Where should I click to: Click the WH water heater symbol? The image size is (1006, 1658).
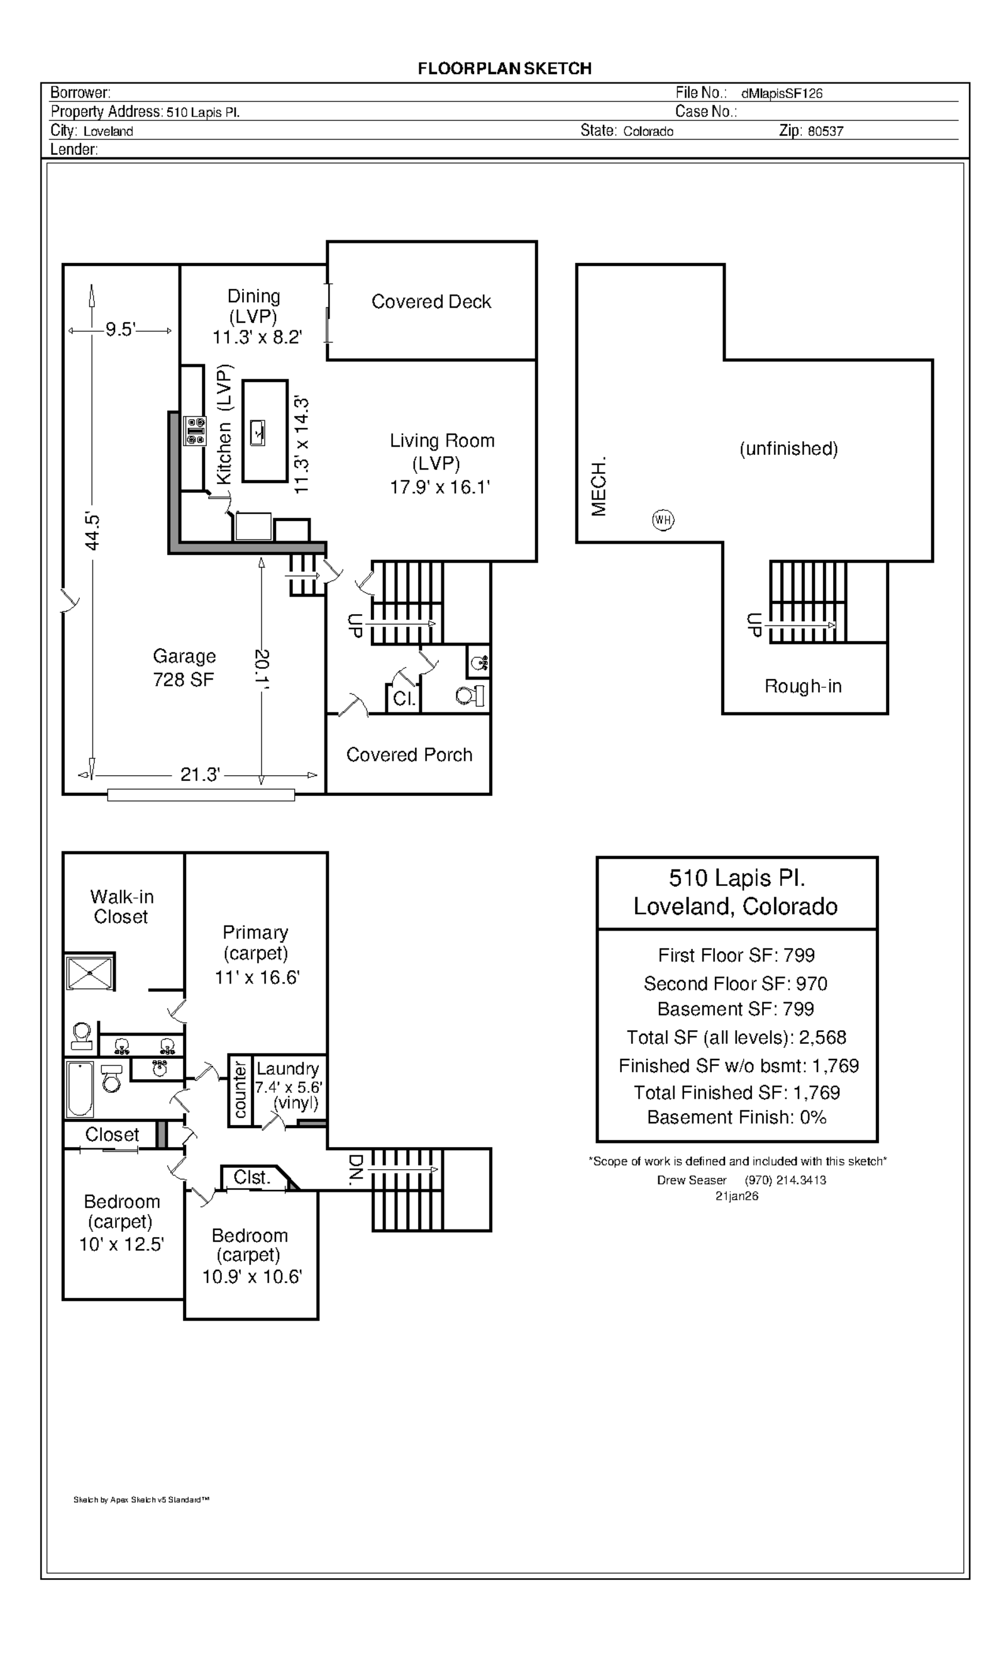click(x=663, y=520)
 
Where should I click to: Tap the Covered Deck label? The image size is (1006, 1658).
click(x=431, y=301)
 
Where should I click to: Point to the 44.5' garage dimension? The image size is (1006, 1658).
click(x=92, y=532)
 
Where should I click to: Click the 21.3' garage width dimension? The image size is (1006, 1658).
click(x=200, y=775)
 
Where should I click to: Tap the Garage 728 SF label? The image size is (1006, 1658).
click(x=184, y=668)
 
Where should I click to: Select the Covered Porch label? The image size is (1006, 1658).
click(x=409, y=754)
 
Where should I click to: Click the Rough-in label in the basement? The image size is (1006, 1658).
click(x=803, y=686)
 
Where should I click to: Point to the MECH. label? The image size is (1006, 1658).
click(x=599, y=486)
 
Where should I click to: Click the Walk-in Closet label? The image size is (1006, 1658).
click(x=122, y=906)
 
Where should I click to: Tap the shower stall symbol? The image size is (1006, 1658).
click(x=90, y=971)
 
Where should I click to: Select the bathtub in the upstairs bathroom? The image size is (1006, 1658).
click(x=80, y=1089)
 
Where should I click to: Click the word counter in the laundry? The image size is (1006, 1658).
click(x=240, y=1088)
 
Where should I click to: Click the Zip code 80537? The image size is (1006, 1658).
click(x=825, y=132)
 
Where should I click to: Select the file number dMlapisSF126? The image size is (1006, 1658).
click(x=782, y=94)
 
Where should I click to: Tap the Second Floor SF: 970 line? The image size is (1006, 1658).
click(x=736, y=983)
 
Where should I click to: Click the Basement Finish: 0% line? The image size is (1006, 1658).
click(x=736, y=1117)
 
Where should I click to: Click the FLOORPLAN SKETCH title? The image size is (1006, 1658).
click(x=504, y=69)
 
